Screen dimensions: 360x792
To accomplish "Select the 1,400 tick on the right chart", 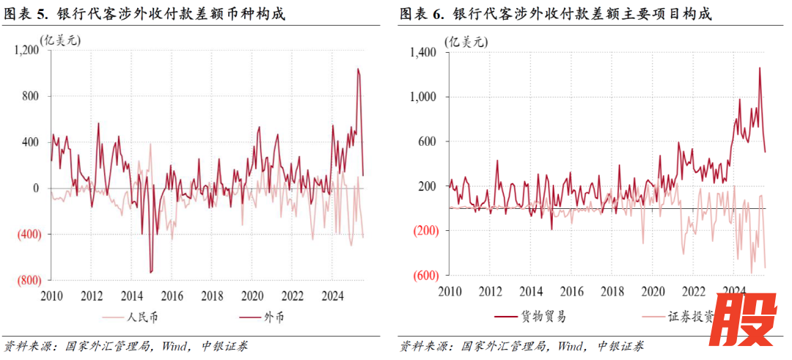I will tap(423, 52).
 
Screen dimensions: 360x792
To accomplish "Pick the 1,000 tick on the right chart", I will tap(423, 97).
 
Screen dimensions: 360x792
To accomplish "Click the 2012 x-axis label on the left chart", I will tap(91, 296).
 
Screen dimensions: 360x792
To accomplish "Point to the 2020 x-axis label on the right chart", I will tap(652, 290).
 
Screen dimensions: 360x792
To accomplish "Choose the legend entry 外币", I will tap(275, 317).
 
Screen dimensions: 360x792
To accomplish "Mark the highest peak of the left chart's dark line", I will tap(358, 69).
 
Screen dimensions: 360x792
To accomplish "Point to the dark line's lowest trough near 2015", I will tap(151, 273).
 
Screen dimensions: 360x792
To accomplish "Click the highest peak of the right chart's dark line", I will tap(759, 67).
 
